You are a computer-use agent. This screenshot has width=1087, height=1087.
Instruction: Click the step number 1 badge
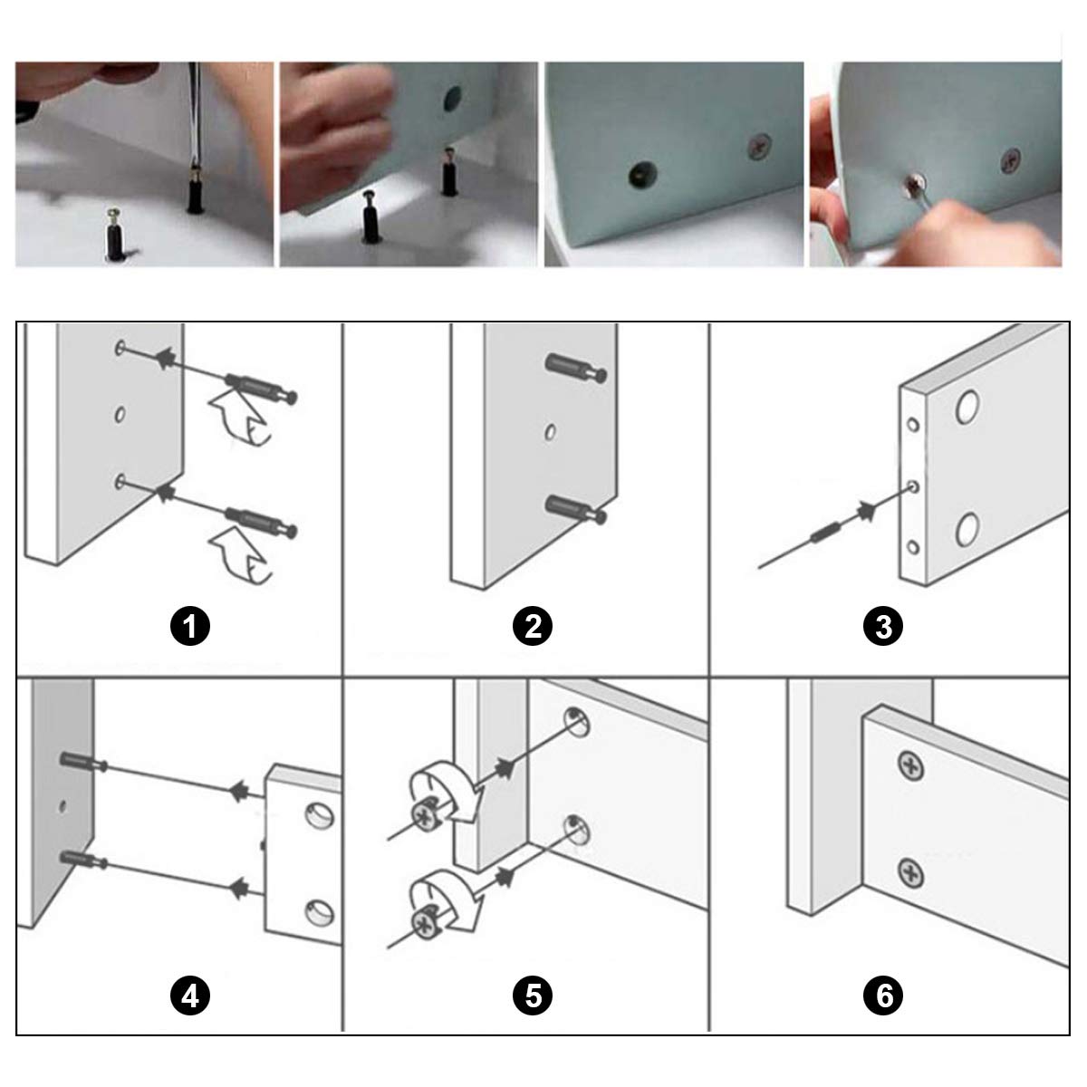point(190,626)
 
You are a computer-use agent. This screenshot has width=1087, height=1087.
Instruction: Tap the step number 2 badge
point(533,626)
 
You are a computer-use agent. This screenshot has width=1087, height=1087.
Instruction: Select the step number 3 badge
point(883,626)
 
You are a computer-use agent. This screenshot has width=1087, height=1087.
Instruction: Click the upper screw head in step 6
point(911,766)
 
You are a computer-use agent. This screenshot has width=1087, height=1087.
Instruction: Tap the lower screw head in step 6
point(911,872)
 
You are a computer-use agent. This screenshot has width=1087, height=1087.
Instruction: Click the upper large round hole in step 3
point(967,408)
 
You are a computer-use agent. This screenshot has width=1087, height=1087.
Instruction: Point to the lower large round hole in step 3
point(967,529)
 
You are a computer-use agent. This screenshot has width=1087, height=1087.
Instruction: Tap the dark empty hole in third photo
point(643,174)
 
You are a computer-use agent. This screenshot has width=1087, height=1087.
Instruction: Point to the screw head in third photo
point(760,146)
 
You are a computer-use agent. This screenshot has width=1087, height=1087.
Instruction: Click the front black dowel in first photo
point(116,236)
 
